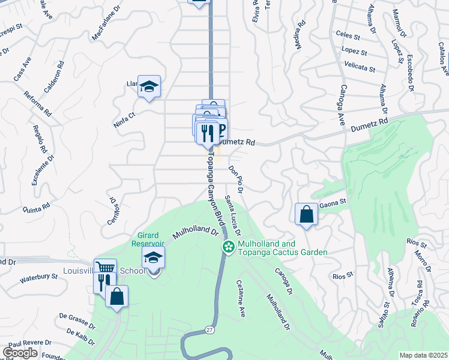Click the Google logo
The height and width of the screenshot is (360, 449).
click(20, 353)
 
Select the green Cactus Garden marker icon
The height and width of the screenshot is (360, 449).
click(228, 247)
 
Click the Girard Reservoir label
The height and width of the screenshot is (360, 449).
click(148, 239)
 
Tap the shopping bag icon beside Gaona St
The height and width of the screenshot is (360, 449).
click(306, 214)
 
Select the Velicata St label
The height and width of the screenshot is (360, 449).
click(360, 66)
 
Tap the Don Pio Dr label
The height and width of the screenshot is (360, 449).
click(235, 178)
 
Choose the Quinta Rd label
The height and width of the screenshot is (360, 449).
click(37, 208)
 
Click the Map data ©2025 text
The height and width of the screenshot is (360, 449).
click(423, 355)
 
